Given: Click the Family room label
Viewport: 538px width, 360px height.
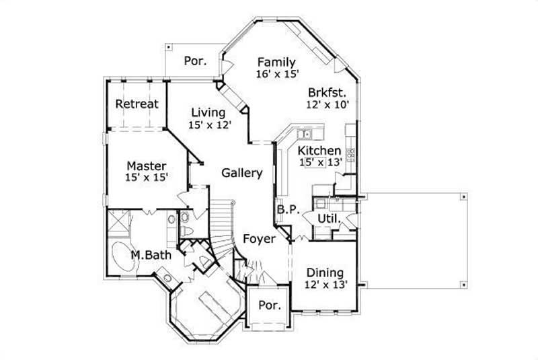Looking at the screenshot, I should pyautogui.click(x=276, y=63).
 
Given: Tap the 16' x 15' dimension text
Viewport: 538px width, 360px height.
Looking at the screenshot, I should pyautogui.click(x=276, y=74).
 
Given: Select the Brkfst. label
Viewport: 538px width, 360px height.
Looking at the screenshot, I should pyautogui.click(x=327, y=93).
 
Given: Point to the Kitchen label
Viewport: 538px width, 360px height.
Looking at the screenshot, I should pyautogui.click(x=319, y=151).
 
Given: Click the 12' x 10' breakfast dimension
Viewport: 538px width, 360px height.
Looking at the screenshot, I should pyautogui.click(x=327, y=105).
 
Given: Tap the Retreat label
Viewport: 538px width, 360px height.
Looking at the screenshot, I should pyautogui.click(x=137, y=104).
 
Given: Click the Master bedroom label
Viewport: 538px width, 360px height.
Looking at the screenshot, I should pyautogui.click(x=147, y=166).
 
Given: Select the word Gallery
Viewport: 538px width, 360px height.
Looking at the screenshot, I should pyautogui.click(x=242, y=173).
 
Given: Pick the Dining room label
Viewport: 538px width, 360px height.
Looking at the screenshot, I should pyautogui.click(x=325, y=273).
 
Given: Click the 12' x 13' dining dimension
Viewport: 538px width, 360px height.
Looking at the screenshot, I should pyautogui.click(x=325, y=285).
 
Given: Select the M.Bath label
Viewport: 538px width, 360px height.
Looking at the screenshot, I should pyautogui.click(x=150, y=255).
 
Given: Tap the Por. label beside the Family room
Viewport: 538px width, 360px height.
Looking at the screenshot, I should pyautogui.click(x=195, y=61).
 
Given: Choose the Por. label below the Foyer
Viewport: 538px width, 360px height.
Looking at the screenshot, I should pyautogui.click(x=270, y=304).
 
